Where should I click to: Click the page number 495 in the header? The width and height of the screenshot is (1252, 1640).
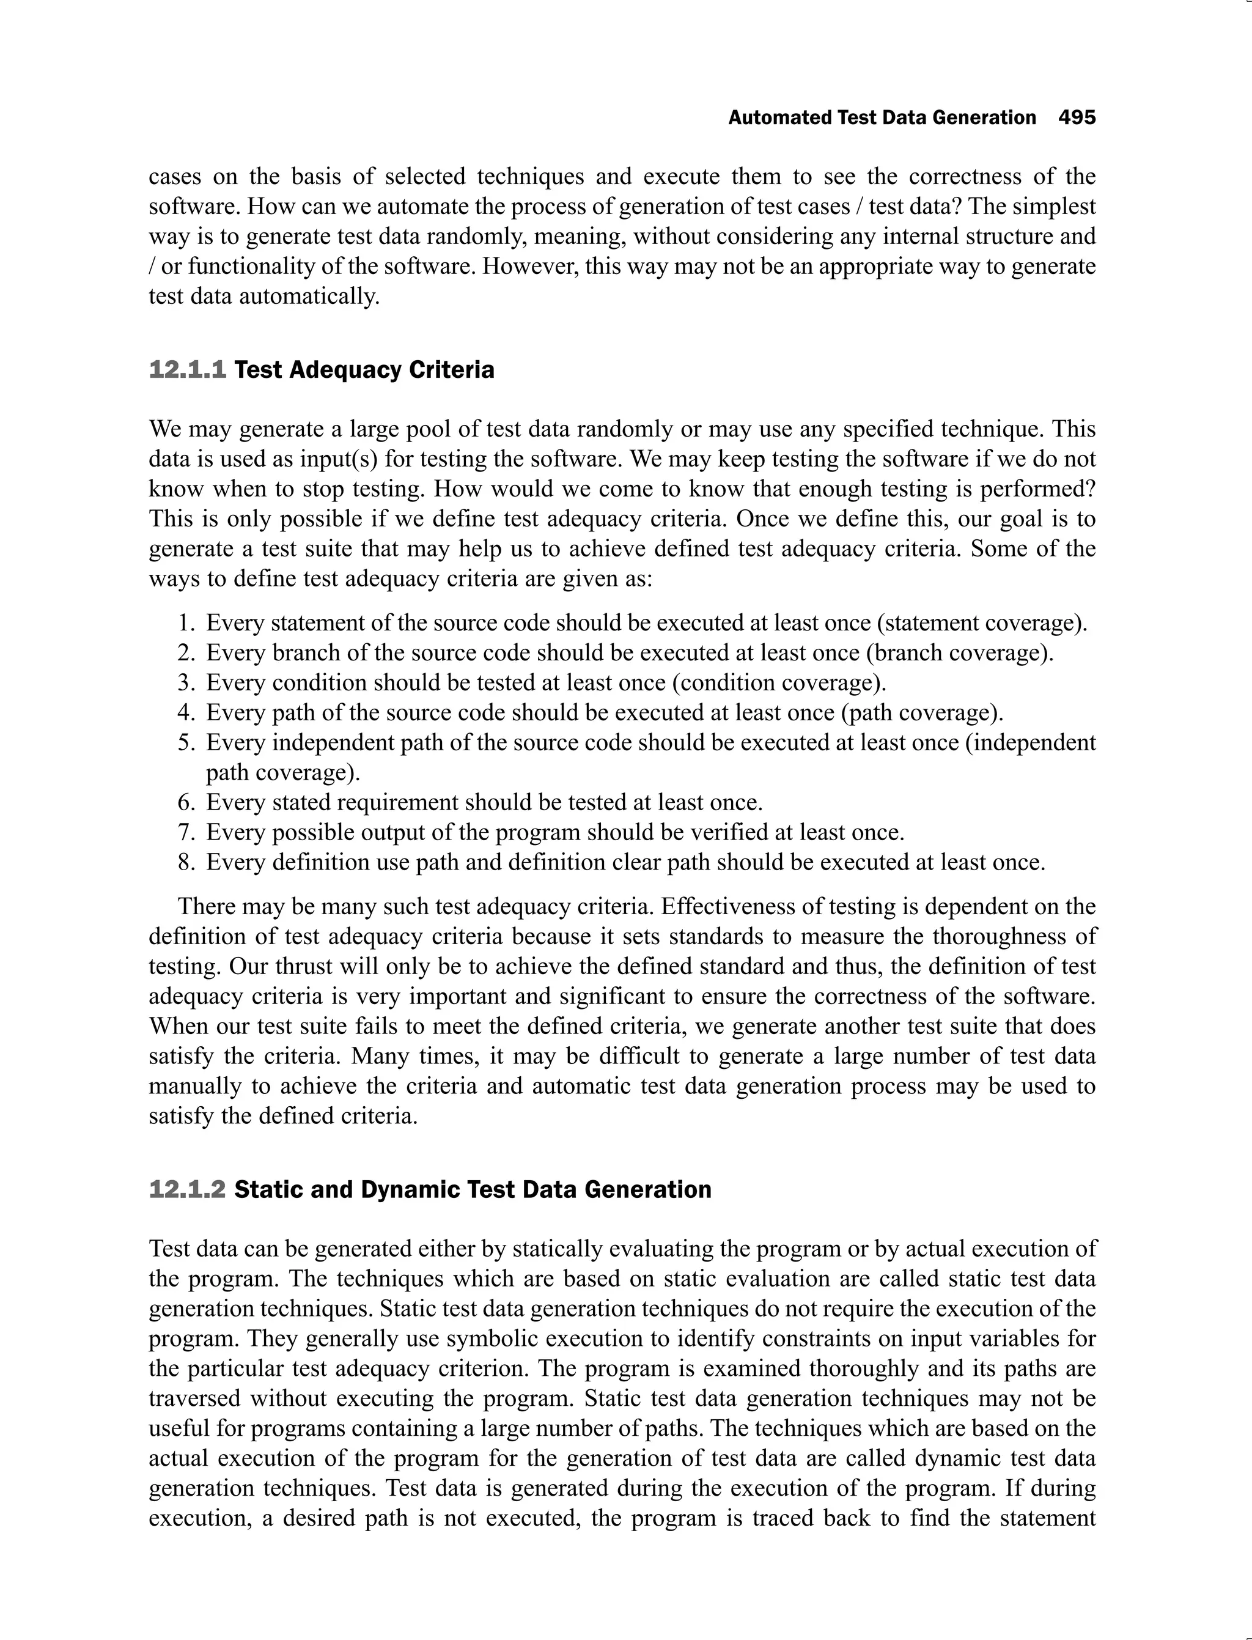[1077, 118]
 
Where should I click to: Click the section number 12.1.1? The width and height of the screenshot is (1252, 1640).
[187, 370]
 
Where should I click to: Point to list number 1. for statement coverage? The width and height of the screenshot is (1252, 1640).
[186, 622]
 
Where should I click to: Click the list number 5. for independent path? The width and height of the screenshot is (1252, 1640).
[186, 742]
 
